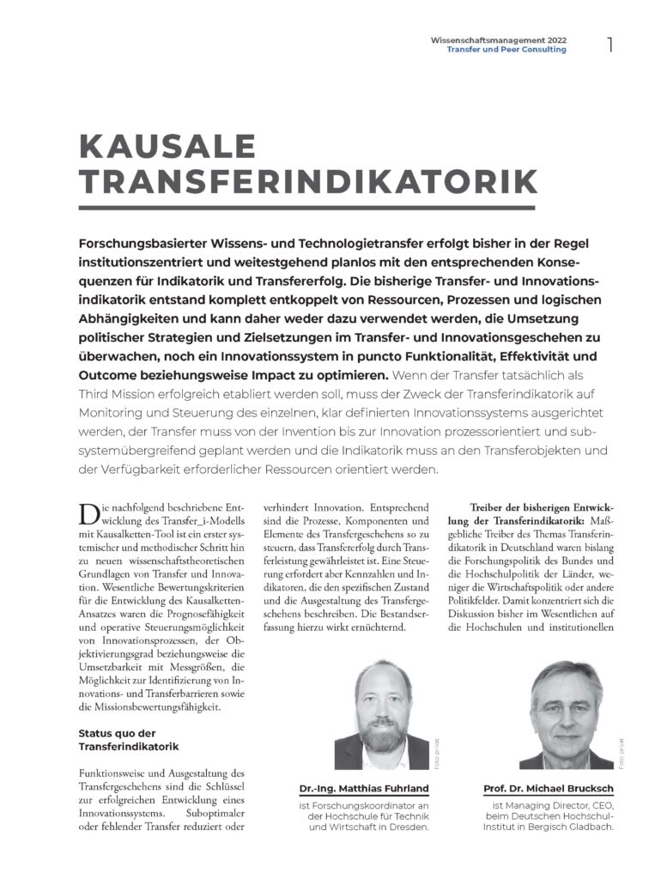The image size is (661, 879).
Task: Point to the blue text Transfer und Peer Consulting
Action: coord(506,50)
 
